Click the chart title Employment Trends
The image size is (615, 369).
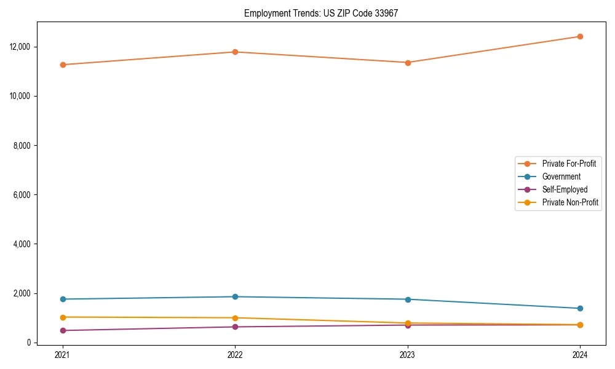(321, 13)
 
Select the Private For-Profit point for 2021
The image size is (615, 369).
(63, 65)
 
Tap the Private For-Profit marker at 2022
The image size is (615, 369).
(235, 52)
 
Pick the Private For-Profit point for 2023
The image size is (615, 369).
(408, 62)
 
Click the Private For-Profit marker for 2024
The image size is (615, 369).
(580, 36)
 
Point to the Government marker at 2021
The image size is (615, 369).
(63, 299)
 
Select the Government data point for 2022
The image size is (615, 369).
(235, 296)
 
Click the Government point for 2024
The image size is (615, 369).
(580, 308)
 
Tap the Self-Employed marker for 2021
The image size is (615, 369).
(63, 330)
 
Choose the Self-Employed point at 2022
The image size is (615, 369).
(235, 327)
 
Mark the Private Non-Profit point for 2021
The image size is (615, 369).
(63, 317)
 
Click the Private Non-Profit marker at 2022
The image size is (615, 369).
(235, 317)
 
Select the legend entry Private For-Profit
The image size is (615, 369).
(568, 164)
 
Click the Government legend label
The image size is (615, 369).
(561, 177)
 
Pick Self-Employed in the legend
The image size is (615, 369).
(565, 189)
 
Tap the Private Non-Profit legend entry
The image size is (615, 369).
(570, 202)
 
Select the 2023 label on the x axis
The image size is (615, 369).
(408, 354)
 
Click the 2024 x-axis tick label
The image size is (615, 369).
(580, 354)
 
